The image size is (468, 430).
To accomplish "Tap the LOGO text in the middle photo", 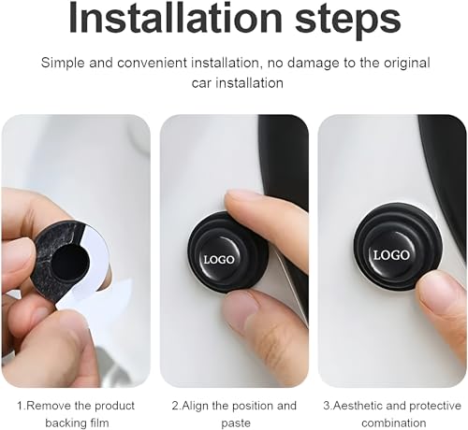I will tap(219, 257).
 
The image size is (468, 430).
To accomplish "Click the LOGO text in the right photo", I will tap(391, 254).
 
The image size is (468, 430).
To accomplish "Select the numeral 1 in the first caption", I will tap(20, 406).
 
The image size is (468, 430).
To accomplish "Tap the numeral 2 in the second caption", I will tap(173, 406).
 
